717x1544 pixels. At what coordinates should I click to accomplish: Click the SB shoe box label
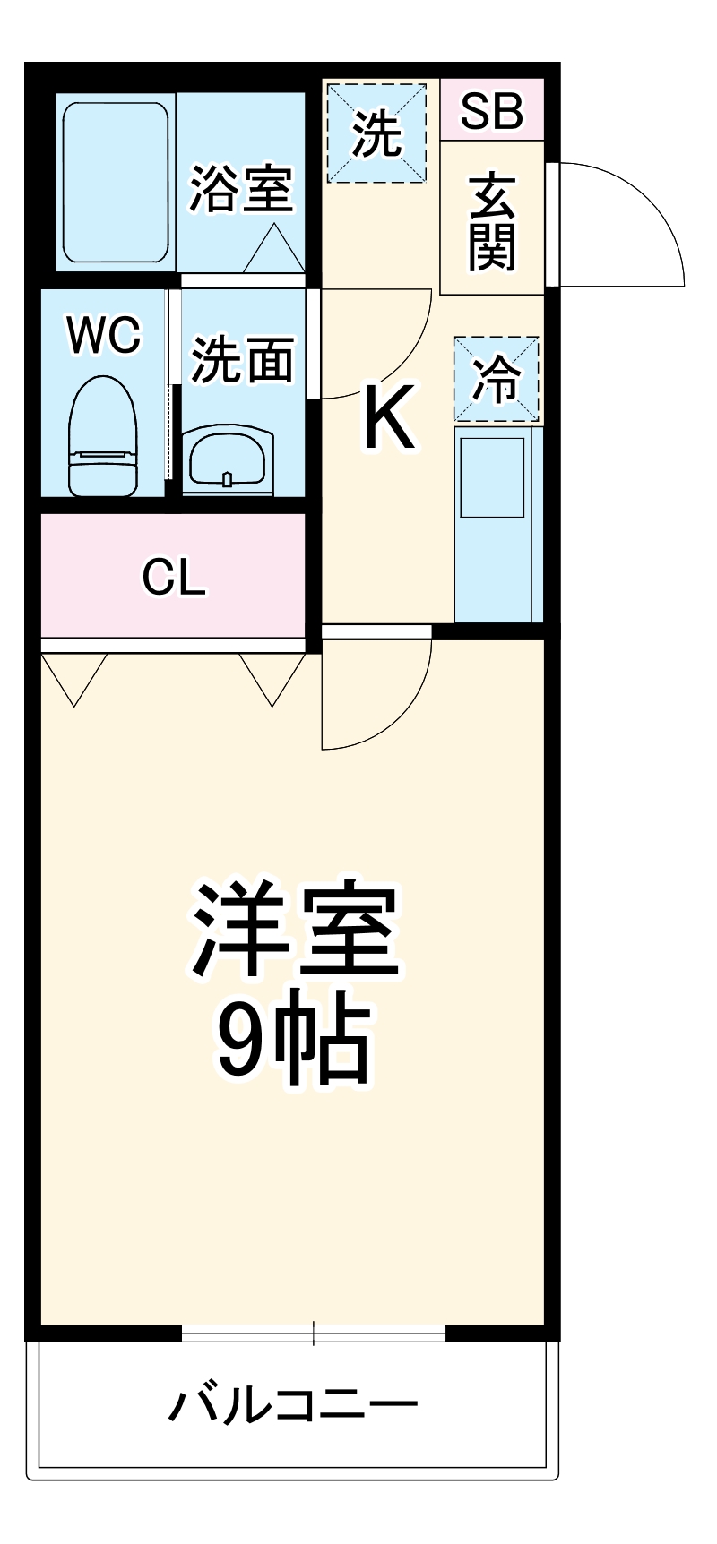point(491,110)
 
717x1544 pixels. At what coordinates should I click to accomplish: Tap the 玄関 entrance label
point(492,222)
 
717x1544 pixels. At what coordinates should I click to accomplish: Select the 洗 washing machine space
point(376,133)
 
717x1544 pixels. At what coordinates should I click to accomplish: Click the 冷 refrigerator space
point(496,378)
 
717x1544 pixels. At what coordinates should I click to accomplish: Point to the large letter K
point(389,417)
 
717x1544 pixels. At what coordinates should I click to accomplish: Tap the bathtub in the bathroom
point(116,183)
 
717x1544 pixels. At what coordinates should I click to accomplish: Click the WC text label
point(104,335)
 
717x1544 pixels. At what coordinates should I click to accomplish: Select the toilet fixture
point(103,436)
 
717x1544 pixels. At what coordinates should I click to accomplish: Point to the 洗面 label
point(242,359)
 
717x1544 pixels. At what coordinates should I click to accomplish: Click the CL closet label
point(174,578)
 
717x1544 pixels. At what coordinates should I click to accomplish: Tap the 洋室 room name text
point(295,931)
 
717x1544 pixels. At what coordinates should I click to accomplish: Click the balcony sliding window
point(314,1333)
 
